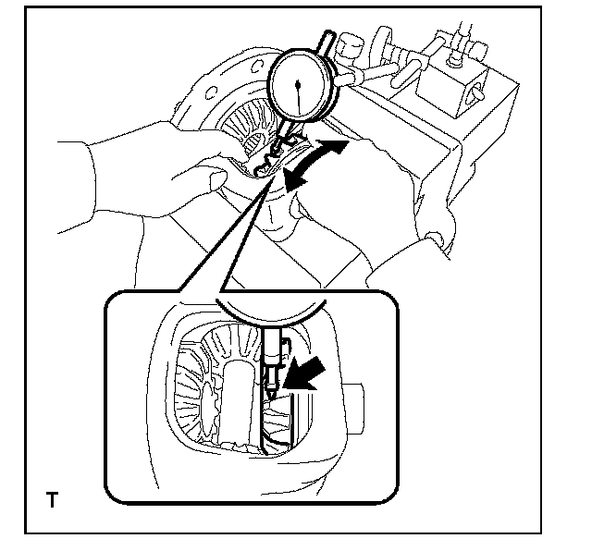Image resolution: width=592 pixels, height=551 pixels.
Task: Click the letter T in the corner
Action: click(52, 502)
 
